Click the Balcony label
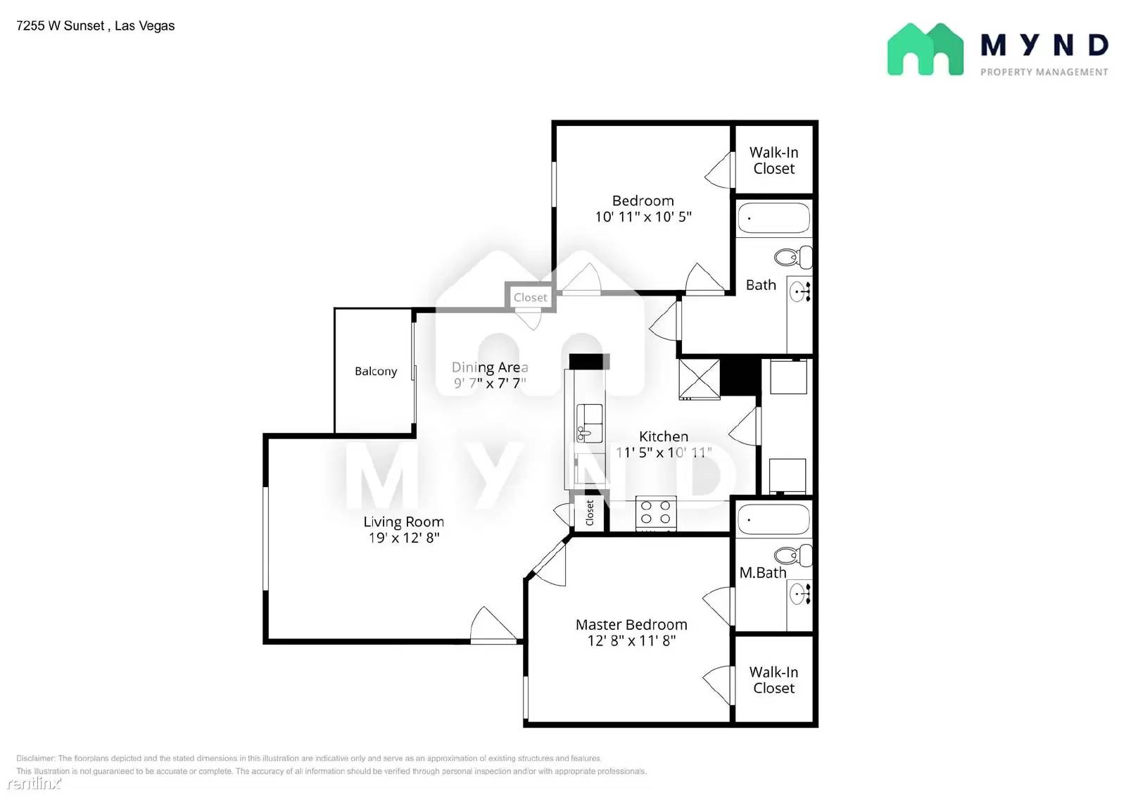376,371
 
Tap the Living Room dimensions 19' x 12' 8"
404,538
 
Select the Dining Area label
490,367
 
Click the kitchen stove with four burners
656,512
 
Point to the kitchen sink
590,422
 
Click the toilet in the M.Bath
795,555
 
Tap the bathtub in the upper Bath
773,218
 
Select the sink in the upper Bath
800,291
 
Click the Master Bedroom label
631,624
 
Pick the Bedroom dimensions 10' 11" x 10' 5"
643,217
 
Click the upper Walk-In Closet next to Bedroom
773,160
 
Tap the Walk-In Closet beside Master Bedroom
773,680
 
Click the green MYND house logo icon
925,49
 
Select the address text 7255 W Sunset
61,26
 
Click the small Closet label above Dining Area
530,297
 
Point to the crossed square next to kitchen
699,379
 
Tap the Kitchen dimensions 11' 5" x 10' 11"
663,453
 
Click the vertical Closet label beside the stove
590,512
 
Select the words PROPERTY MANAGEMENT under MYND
1044,72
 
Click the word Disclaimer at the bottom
35,758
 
